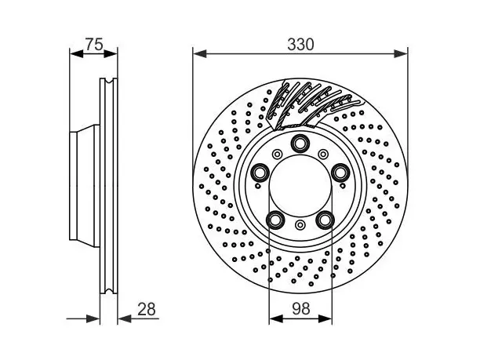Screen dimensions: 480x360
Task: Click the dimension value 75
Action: [x=94, y=45]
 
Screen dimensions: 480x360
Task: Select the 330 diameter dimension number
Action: [x=300, y=45]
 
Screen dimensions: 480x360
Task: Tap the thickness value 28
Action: [x=147, y=309]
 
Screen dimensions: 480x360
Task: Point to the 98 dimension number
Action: [x=301, y=308]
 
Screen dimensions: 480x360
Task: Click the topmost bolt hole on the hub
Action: [x=300, y=143]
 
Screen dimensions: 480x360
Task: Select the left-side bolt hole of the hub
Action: [x=260, y=173]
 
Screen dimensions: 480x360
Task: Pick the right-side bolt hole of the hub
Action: [x=340, y=173]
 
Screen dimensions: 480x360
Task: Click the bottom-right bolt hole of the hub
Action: [x=325, y=220]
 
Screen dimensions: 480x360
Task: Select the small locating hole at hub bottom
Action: [x=300, y=225]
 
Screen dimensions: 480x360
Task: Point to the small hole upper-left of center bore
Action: [x=278, y=154]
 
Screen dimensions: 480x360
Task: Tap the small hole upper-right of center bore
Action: [x=323, y=154]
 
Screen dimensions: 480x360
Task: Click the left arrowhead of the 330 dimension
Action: [x=200, y=54]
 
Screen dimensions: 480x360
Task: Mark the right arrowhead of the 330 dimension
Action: [x=401, y=54]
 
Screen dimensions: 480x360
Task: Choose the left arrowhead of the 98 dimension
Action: [x=276, y=318]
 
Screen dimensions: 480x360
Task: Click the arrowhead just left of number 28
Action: [x=125, y=318]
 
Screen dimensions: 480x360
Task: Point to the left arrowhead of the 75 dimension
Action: [x=77, y=54]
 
